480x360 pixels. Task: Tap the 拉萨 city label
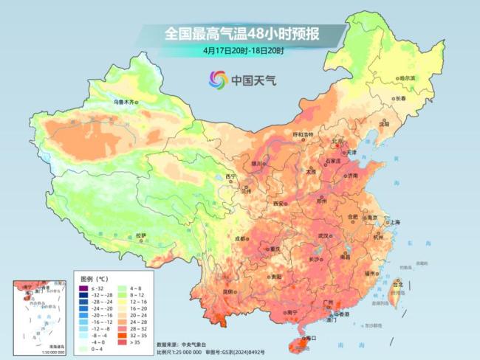coord(141,236)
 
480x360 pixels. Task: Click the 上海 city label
coord(394,222)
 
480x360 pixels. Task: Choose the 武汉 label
coord(322,235)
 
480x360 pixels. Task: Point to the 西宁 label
coord(231,177)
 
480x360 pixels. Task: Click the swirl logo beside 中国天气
coord(218,80)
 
